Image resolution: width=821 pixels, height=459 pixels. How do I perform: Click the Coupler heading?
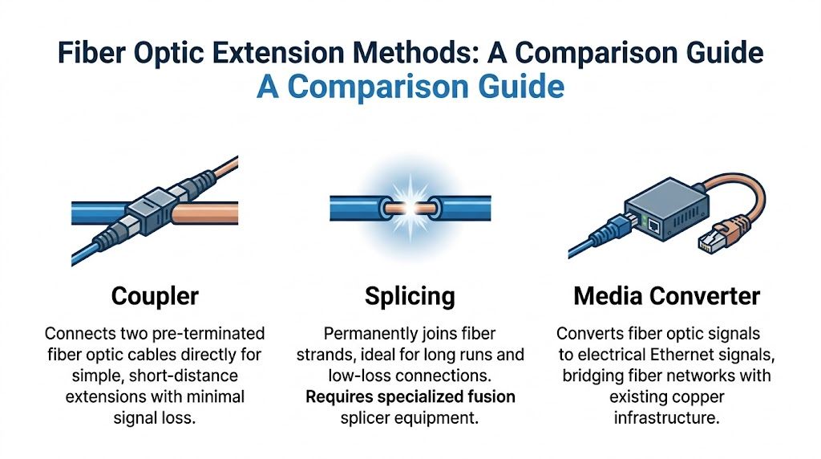point(154,296)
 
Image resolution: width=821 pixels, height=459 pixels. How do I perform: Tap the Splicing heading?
point(410,296)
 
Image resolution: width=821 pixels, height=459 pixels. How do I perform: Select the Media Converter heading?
point(666,296)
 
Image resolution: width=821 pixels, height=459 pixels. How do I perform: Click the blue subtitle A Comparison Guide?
point(410,87)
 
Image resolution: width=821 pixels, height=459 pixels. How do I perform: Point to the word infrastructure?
point(666,417)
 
